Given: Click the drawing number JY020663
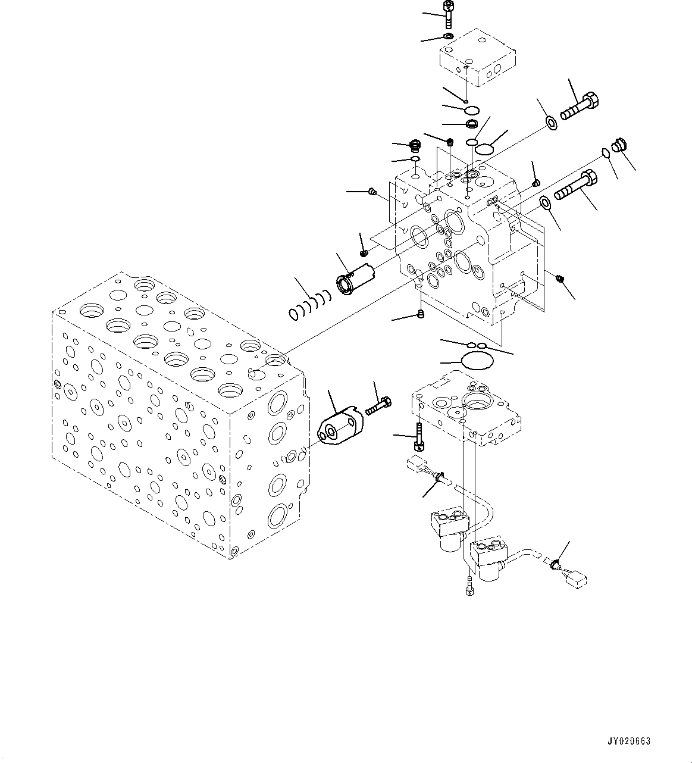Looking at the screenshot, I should click(629, 742).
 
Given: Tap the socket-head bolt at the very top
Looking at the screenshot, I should click(447, 14).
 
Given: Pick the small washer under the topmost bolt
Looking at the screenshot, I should click(448, 37).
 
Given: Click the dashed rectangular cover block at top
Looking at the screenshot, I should click(477, 58).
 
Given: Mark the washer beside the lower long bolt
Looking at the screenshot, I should click(545, 204).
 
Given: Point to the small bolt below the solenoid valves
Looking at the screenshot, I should click(469, 586).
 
